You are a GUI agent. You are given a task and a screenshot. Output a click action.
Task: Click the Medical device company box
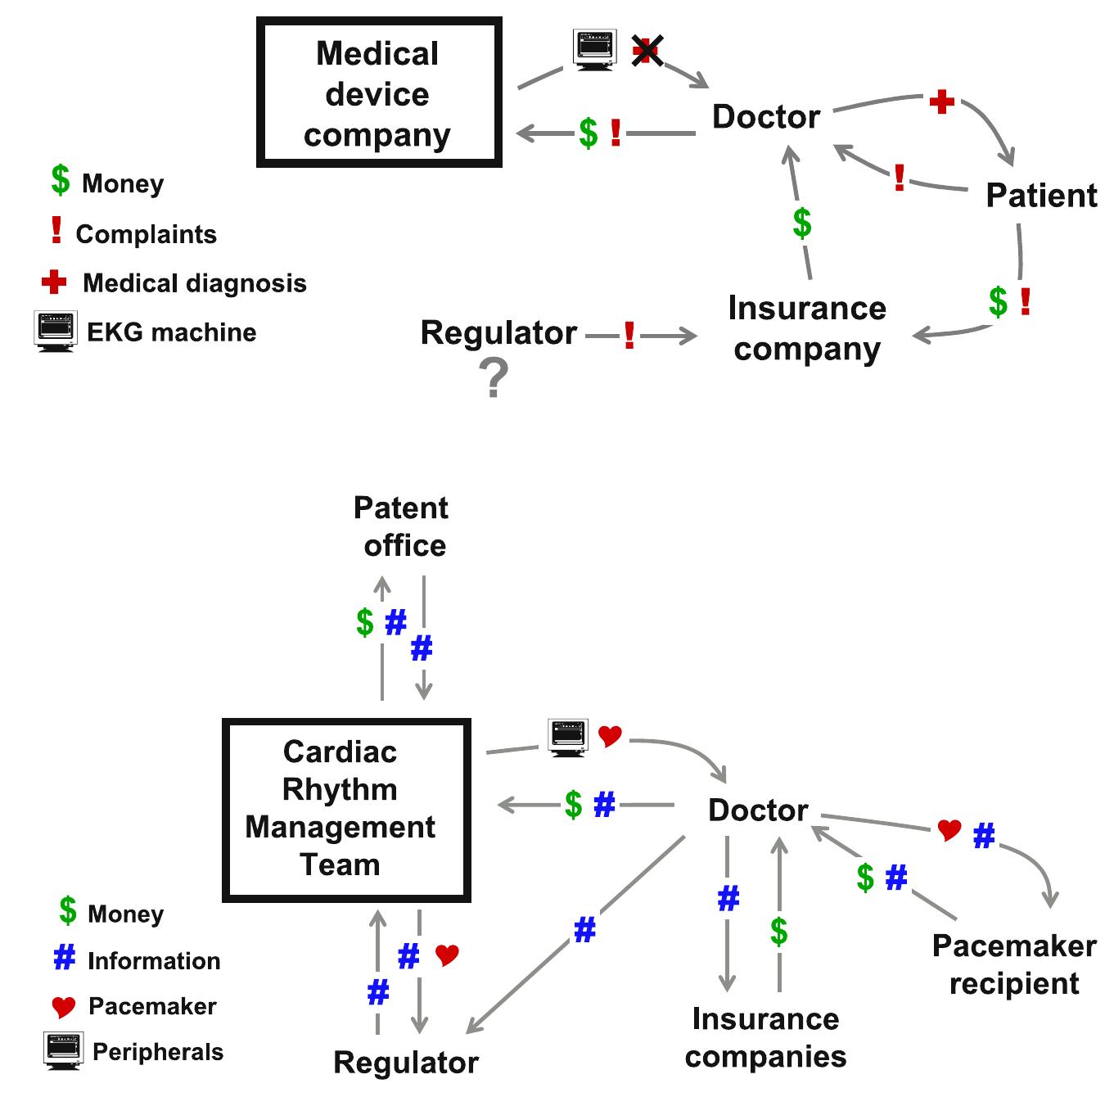coord(378,93)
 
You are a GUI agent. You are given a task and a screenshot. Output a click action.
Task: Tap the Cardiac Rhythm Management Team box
coord(345,809)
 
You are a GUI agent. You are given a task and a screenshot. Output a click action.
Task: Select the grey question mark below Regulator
coord(493,379)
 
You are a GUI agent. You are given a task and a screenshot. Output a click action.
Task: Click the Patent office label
coord(402,526)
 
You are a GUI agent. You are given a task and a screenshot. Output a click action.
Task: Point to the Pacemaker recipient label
coord(1014,964)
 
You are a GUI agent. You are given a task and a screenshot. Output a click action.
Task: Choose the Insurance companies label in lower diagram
coord(765,1036)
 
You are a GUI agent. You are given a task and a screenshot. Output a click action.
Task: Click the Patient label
coord(1040,195)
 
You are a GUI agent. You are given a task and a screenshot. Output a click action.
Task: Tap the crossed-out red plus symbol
coord(647,51)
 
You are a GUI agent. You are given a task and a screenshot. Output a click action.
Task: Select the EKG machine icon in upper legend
coord(56,331)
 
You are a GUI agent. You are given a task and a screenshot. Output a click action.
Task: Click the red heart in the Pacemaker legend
coord(63,1006)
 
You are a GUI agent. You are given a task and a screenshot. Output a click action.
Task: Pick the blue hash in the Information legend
coord(64,958)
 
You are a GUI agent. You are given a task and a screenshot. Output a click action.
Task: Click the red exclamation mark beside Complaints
coord(56,231)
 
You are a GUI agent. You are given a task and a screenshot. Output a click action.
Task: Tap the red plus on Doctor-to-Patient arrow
coord(942,102)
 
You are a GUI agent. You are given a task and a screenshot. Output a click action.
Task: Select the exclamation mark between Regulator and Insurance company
coord(629,335)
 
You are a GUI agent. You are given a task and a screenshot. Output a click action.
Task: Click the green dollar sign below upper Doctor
coord(802,223)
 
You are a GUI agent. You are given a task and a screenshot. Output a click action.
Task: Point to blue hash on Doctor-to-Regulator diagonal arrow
coord(584,930)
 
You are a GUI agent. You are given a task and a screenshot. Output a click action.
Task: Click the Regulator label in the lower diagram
coord(406,1062)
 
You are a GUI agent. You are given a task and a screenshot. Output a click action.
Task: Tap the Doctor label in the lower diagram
coord(758,810)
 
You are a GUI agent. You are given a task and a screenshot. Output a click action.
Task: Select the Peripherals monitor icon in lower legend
coord(63,1050)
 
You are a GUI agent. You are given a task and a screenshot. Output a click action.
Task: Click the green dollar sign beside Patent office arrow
coord(365,622)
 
